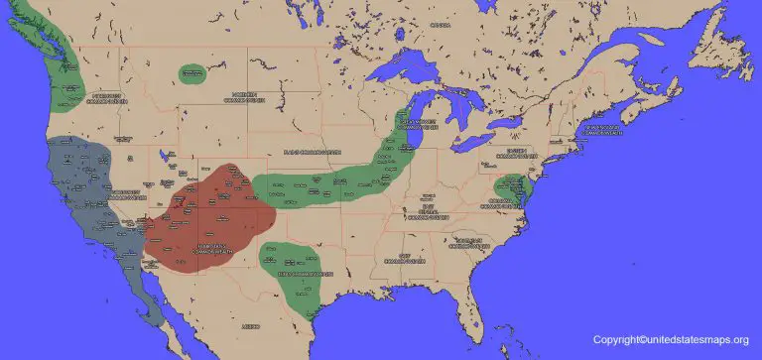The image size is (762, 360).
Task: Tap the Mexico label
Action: coord(251,324)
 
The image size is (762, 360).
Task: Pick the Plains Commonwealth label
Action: coord(312,152)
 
